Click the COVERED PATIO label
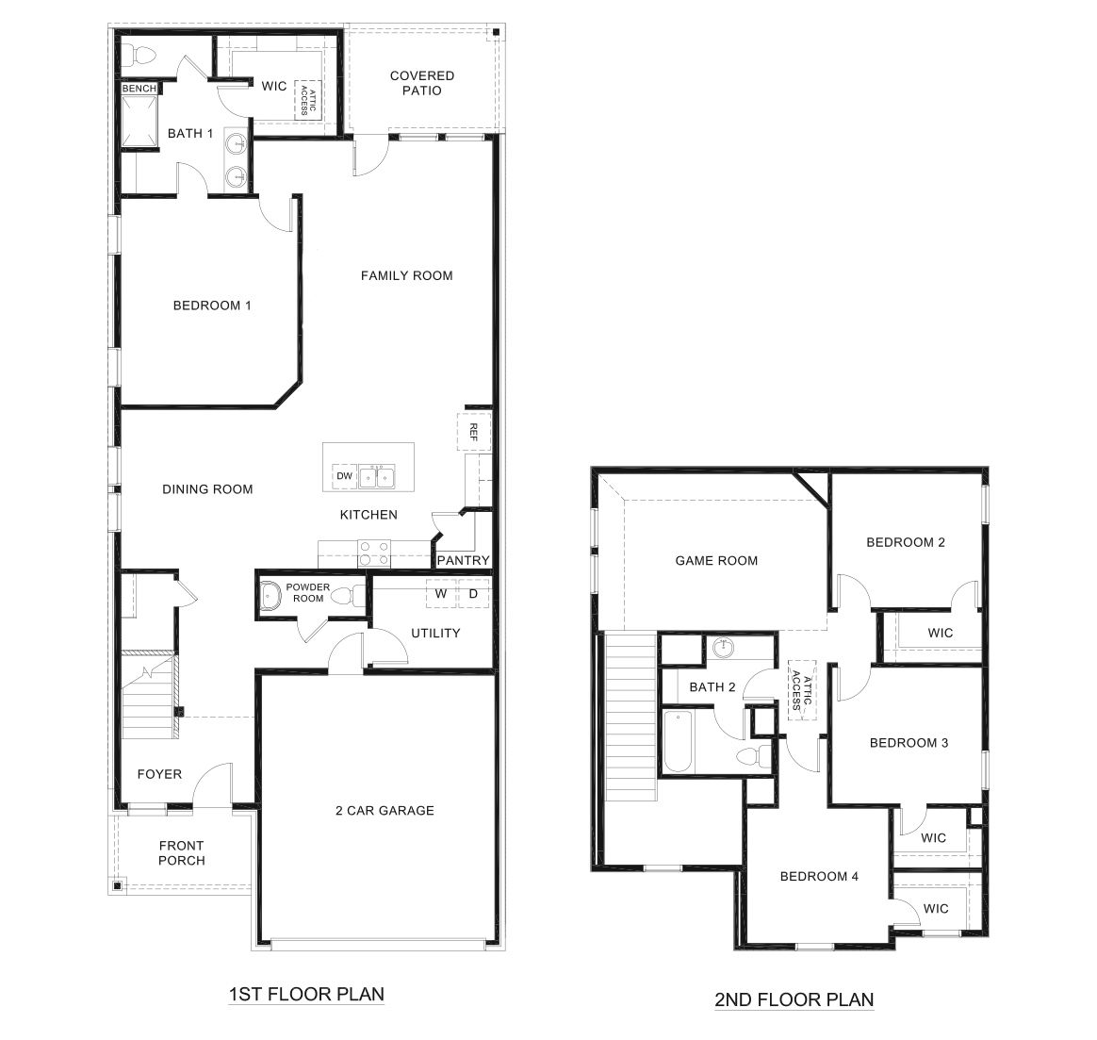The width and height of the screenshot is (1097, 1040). click(421, 83)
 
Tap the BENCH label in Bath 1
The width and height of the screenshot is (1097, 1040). click(139, 89)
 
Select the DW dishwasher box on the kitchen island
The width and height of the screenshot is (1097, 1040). click(344, 477)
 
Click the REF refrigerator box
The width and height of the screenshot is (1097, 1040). click(474, 433)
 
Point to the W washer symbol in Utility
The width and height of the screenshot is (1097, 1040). click(440, 594)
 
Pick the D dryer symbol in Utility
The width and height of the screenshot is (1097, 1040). click(473, 594)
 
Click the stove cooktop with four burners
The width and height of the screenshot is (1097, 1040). click(374, 553)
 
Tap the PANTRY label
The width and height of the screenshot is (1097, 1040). click(463, 561)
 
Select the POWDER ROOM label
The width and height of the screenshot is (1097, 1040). click(308, 592)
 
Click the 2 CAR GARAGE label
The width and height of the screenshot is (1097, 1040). click(385, 810)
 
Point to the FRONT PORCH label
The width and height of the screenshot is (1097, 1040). click(182, 852)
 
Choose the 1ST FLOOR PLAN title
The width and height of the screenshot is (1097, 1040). click(306, 994)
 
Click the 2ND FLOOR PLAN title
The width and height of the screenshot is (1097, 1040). click(794, 999)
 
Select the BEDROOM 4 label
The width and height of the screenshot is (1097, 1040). click(819, 876)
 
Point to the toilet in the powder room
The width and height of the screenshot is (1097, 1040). click(350, 596)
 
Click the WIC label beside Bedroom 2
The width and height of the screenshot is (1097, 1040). click(940, 633)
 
